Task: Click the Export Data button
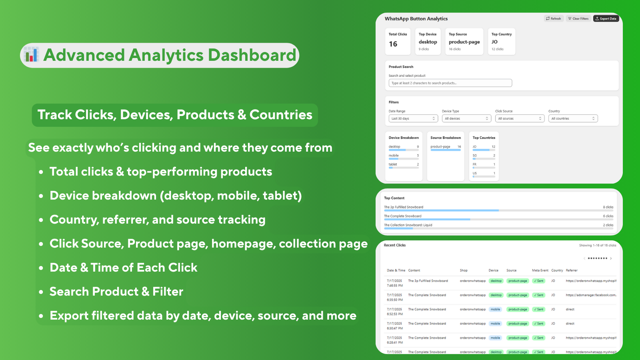[606, 18]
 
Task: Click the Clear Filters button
[578, 18]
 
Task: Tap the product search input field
[450, 83]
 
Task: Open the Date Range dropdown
[413, 118]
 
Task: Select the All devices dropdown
[466, 118]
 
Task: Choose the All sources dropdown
[520, 118]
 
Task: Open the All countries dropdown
[573, 118]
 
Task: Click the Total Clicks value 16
[393, 44]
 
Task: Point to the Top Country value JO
[495, 42]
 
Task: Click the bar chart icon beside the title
[31, 55]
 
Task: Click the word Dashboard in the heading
[252, 55]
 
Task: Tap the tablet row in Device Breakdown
[404, 165]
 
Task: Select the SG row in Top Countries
[484, 156]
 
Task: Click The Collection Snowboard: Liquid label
[408, 225]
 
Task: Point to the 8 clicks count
[608, 207]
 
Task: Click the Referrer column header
[572, 270]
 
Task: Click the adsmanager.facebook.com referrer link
[591, 295]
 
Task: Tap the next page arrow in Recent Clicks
[611, 258]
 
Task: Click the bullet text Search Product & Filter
[116, 292]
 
